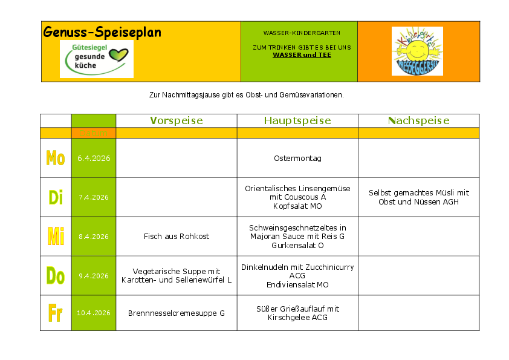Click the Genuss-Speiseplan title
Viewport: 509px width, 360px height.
(x=102, y=33)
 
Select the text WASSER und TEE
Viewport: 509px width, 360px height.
(x=302, y=55)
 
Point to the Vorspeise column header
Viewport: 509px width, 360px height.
(x=177, y=121)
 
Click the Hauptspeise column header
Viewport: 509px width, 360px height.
(x=297, y=121)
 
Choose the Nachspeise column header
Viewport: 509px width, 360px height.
(x=418, y=121)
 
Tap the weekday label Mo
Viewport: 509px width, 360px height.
(x=56, y=159)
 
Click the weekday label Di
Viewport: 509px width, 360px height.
(x=56, y=197)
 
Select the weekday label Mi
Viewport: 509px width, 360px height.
(x=56, y=237)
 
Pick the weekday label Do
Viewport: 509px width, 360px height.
(x=56, y=276)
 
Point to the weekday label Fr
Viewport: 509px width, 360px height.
(x=56, y=313)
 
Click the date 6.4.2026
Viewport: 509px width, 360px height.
(x=93, y=159)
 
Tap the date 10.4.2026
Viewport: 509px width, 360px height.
(x=93, y=313)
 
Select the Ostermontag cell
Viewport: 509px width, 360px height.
(x=297, y=159)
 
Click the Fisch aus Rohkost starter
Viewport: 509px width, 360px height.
(x=177, y=237)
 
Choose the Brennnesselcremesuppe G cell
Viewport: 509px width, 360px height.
(x=177, y=313)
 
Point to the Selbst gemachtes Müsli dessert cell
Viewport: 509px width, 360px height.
(x=418, y=197)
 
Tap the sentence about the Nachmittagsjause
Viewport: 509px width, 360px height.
(x=246, y=95)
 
